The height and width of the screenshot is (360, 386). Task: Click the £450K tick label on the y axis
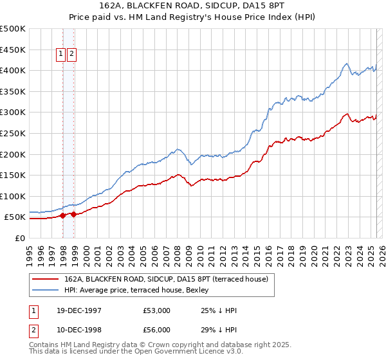pos(14,50)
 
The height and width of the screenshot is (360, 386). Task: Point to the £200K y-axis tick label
pos(14,154)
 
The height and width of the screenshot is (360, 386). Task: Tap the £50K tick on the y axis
pos(16,217)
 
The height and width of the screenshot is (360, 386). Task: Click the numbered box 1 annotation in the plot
pos(61,55)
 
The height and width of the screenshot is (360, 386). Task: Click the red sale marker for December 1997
pos(62,216)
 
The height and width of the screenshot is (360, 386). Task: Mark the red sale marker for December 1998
pos(74,215)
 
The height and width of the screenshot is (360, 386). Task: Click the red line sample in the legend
pos(45,278)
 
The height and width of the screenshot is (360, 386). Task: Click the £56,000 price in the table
pos(157,329)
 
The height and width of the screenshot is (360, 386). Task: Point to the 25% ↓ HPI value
pos(219,310)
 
